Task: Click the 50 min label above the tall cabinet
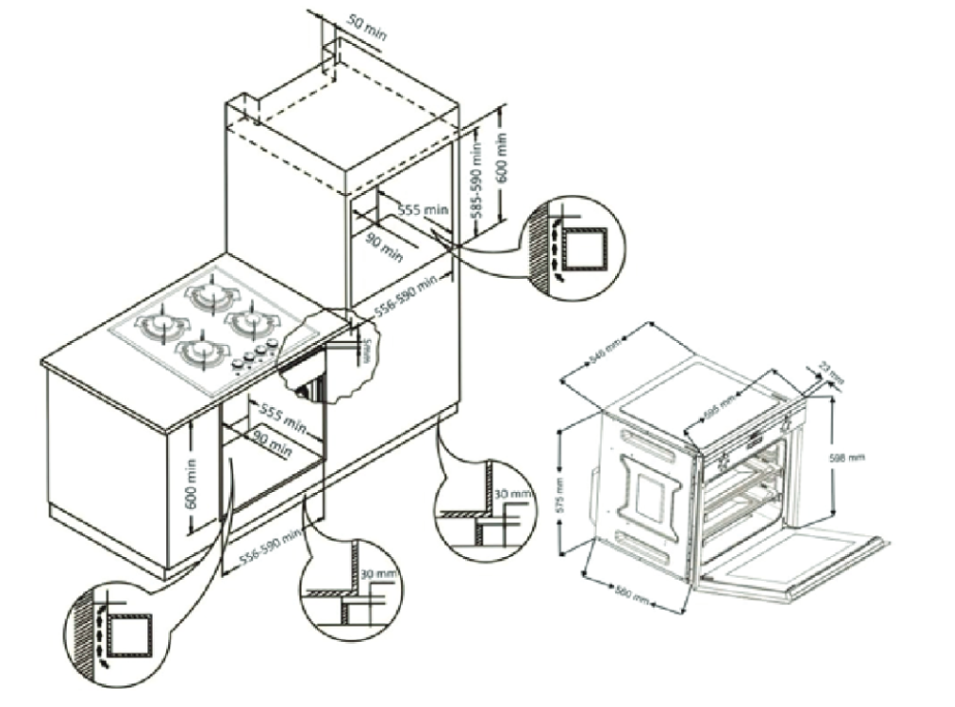(367, 28)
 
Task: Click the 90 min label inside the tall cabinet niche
(383, 246)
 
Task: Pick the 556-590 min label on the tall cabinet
(406, 291)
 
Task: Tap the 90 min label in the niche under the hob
(272, 441)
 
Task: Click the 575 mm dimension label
(561, 494)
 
